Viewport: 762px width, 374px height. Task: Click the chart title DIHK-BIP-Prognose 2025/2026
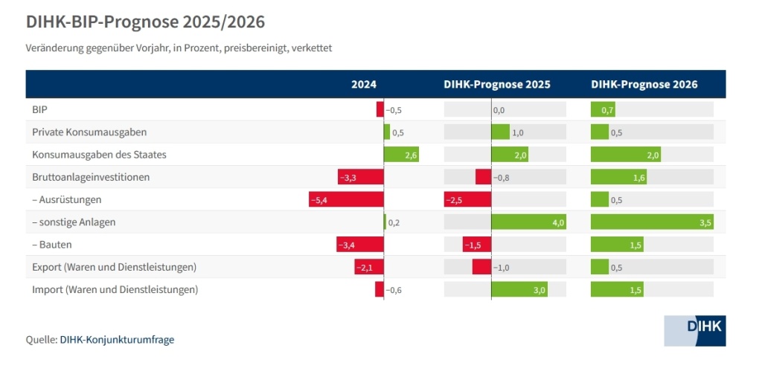click(145, 22)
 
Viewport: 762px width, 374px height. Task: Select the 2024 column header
click(364, 85)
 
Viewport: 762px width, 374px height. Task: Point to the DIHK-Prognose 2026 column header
click(644, 85)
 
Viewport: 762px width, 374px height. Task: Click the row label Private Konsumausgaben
click(89, 132)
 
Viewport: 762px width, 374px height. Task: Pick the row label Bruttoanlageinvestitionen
click(91, 178)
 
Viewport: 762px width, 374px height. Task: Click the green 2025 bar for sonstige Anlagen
click(529, 222)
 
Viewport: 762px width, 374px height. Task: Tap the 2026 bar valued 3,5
click(652, 222)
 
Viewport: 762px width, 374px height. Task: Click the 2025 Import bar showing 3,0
click(519, 290)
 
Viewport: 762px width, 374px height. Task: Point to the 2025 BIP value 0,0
click(499, 110)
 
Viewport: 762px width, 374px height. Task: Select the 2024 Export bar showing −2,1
click(368, 267)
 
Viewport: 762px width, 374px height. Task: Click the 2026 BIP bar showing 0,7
click(603, 110)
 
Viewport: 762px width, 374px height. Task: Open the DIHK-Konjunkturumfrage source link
click(117, 340)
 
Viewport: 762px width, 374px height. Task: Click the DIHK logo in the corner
click(694, 330)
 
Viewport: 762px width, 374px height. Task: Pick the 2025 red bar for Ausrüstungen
click(467, 200)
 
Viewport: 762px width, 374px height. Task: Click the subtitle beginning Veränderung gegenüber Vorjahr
click(179, 48)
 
